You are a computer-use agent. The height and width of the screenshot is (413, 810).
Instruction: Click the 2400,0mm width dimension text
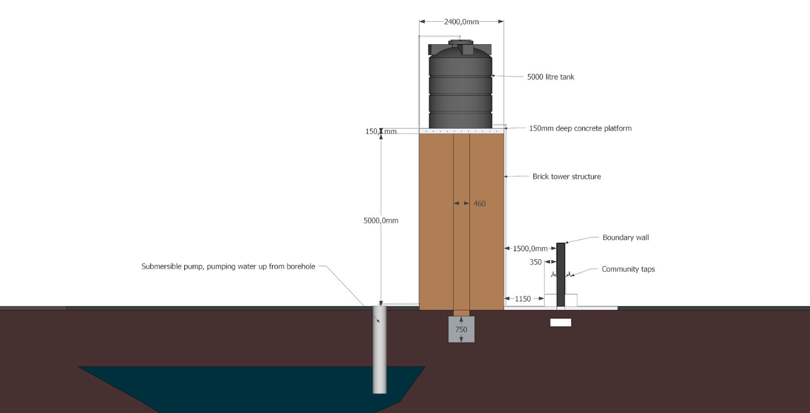[461, 22]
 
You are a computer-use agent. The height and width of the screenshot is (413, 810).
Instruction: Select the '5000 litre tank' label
[550, 77]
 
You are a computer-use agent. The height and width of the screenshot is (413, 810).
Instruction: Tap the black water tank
[460, 88]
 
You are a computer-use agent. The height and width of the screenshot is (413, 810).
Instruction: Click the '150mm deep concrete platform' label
[580, 128]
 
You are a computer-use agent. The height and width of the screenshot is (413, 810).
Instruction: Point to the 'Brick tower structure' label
[566, 177]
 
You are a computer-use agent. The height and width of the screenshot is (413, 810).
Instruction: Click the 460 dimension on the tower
[479, 203]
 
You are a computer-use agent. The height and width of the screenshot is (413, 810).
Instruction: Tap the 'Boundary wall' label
[625, 237]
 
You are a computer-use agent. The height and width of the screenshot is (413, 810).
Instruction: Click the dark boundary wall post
[560, 273]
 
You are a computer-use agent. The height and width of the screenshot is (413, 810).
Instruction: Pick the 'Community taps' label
[628, 269]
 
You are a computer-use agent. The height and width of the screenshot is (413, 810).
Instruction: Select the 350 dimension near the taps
[535, 262]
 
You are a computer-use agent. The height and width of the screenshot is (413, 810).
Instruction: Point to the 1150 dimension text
[523, 299]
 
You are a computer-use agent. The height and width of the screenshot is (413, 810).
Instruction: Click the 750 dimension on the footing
[461, 330]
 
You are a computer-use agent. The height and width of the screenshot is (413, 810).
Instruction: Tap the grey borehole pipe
[379, 356]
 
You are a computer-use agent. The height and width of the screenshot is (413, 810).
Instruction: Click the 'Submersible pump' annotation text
[228, 266]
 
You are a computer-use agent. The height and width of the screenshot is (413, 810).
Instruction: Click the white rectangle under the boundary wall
[560, 322]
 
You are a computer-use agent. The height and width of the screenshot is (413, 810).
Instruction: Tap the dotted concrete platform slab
[461, 131]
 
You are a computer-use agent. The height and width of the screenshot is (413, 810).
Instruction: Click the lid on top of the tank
[460, 42]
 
